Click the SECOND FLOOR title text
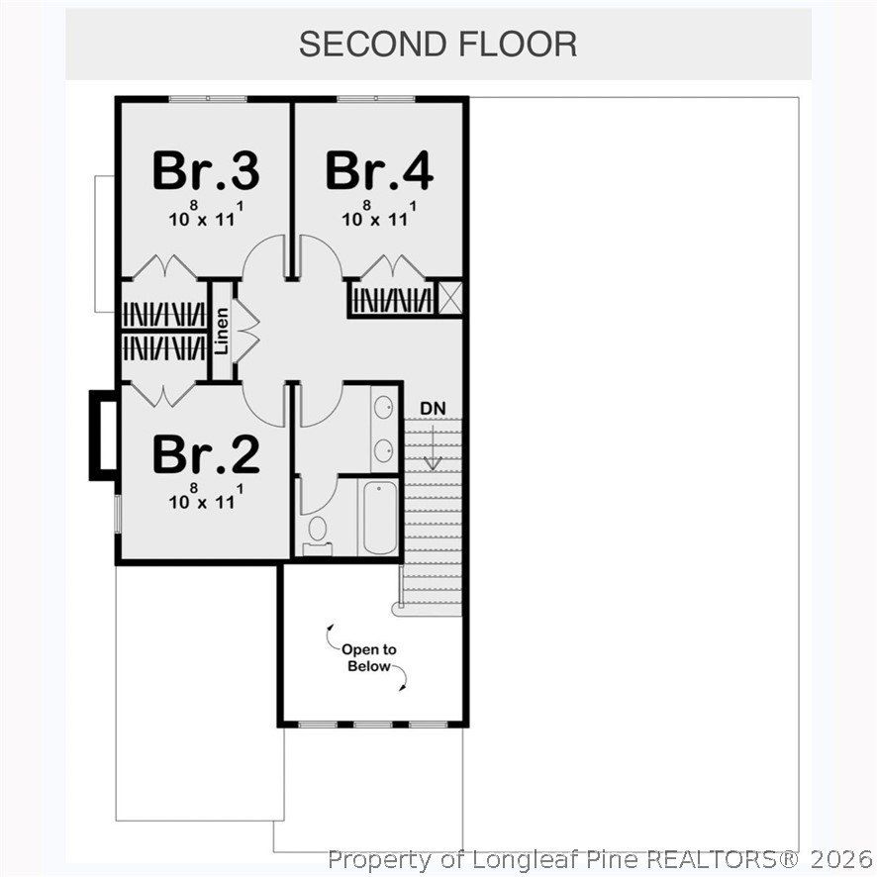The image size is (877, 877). pos(438,45)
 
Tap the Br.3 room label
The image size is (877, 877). pos(206,170)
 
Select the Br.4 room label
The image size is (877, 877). pos(379,170)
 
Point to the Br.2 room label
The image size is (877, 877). pos(206,454)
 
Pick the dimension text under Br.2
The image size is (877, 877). pos(205,498)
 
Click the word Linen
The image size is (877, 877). pos(223,332)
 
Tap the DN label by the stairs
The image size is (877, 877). pos(432,408)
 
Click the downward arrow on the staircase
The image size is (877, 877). pos(433,450)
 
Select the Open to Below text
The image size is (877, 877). pos(368,658)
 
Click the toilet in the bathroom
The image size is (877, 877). pos(318,530)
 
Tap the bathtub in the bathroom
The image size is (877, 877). pos(380,519)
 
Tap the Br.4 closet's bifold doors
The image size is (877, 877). pos(394,268)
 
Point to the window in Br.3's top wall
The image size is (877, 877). pos(207,99)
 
